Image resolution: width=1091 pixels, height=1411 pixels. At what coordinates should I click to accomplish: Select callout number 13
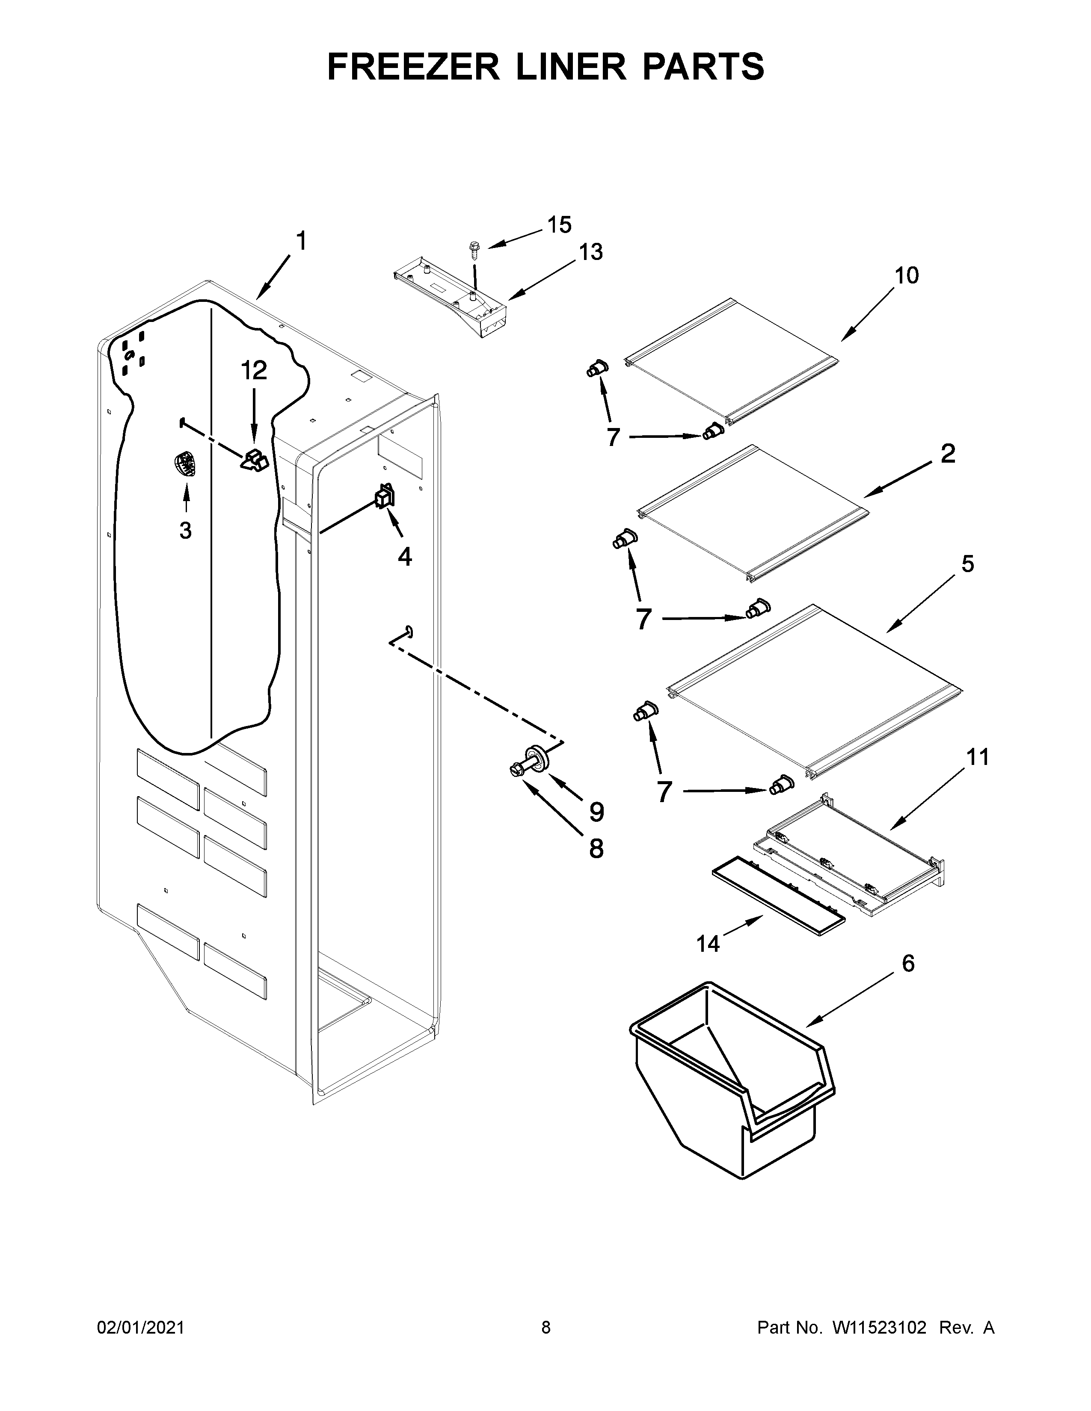point(590,251)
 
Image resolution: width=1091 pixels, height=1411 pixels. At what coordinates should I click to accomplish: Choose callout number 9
point(596,812)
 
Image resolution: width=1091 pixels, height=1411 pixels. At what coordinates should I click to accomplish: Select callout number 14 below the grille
point(708,944)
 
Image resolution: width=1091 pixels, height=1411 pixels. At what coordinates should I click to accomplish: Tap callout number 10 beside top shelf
point(906,275)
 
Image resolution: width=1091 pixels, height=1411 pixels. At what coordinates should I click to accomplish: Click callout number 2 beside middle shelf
point(948,454)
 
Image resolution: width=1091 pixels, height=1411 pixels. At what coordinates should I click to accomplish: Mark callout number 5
point(967,564)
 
